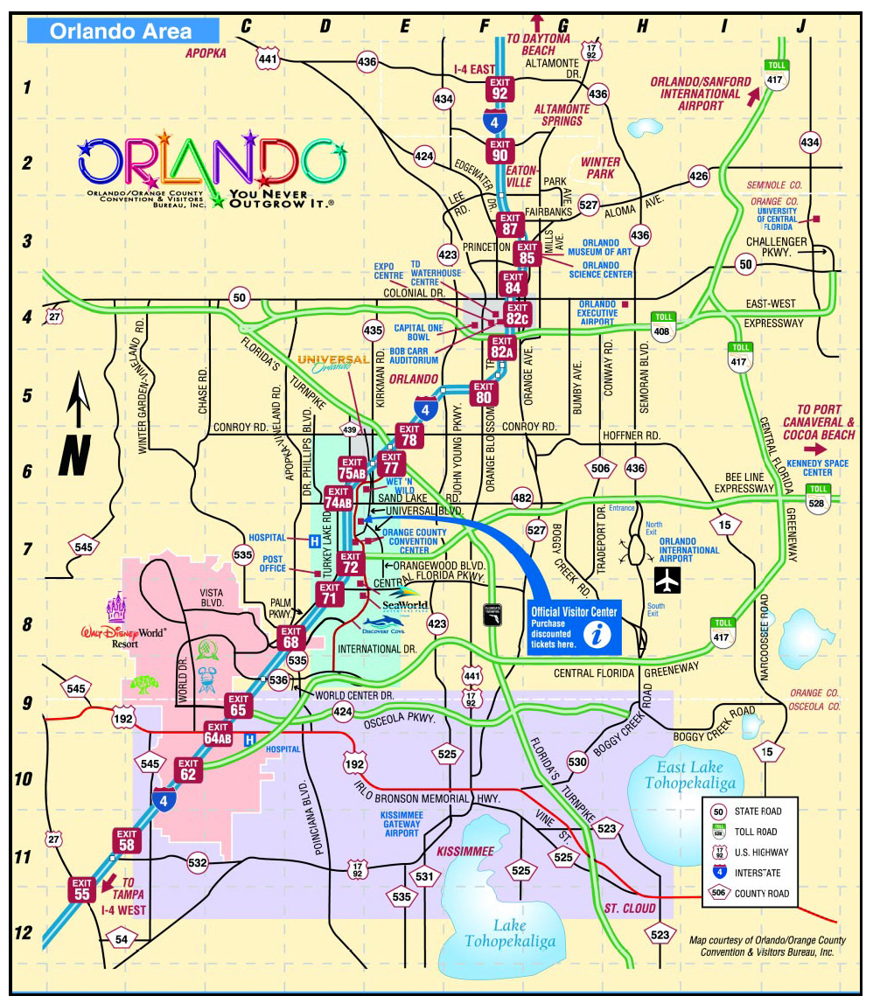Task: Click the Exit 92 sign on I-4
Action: pos(500,87)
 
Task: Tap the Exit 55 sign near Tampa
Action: pos(83,888)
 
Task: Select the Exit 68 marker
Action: pos(291,637)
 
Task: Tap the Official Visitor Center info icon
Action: pos(598,636)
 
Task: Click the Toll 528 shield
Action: pos(818,498)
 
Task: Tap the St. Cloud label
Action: pos(630,909)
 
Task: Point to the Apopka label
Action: pos(206,53)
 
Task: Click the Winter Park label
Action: pos(600,168)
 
